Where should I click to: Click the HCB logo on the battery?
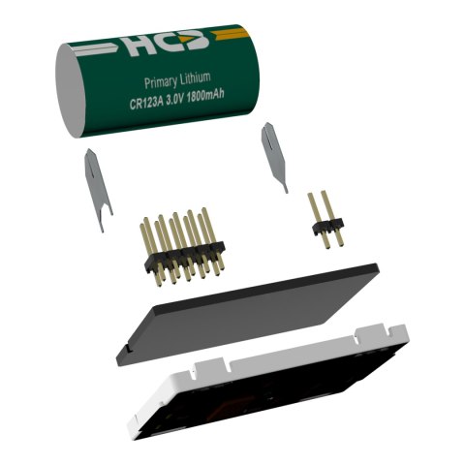(168, 44)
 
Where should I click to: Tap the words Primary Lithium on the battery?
(177, 79)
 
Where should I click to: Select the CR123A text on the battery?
(146, 103)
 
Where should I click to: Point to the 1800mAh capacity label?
(205, 96)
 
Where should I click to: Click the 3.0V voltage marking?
(175, 99)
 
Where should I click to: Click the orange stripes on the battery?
(230, 34)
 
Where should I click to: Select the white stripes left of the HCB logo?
(97, 49)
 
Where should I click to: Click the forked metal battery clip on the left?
(98, 190)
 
